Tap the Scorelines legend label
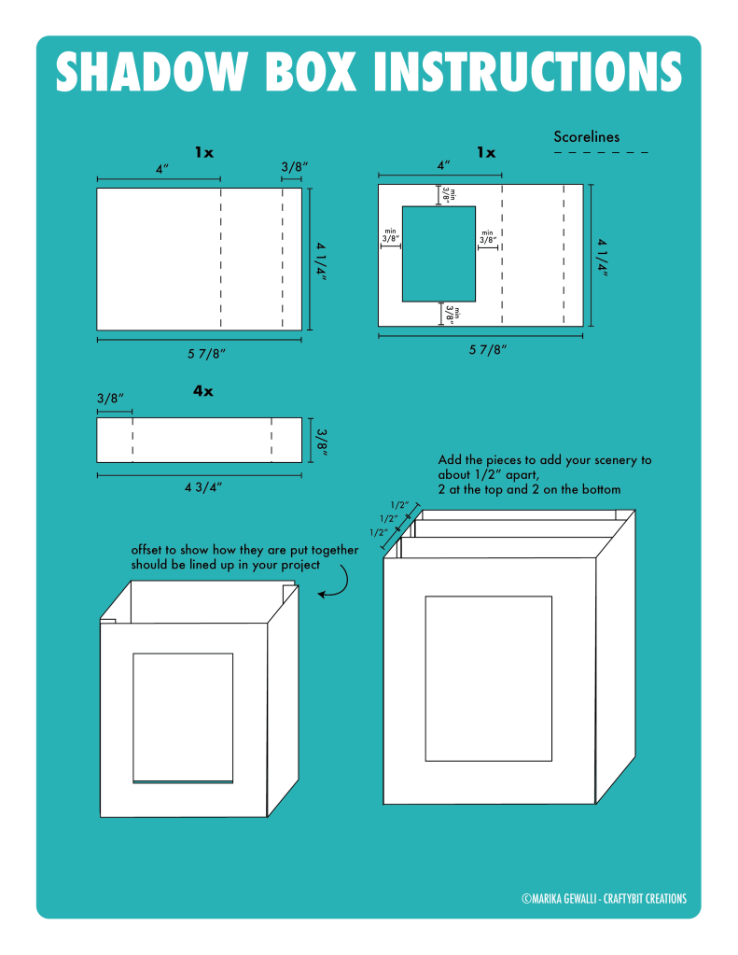(x=586, y=137)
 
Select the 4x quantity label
(x=202, y=391)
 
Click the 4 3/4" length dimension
(x=200, y=487)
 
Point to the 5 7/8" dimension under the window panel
(x=481, y=350)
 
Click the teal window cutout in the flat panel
(x=439, y=254)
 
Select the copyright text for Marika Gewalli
(x=604, y=899)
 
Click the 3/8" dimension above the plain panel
(x=293, y=167)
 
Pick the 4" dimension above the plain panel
(x=161, y=168)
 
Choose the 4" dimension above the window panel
(x=443, y=164)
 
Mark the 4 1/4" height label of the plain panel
(x=320, y=260)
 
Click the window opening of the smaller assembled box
(x=182, y=717)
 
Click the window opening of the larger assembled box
(x=488, y=678)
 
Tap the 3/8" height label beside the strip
(x=320, y=440)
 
